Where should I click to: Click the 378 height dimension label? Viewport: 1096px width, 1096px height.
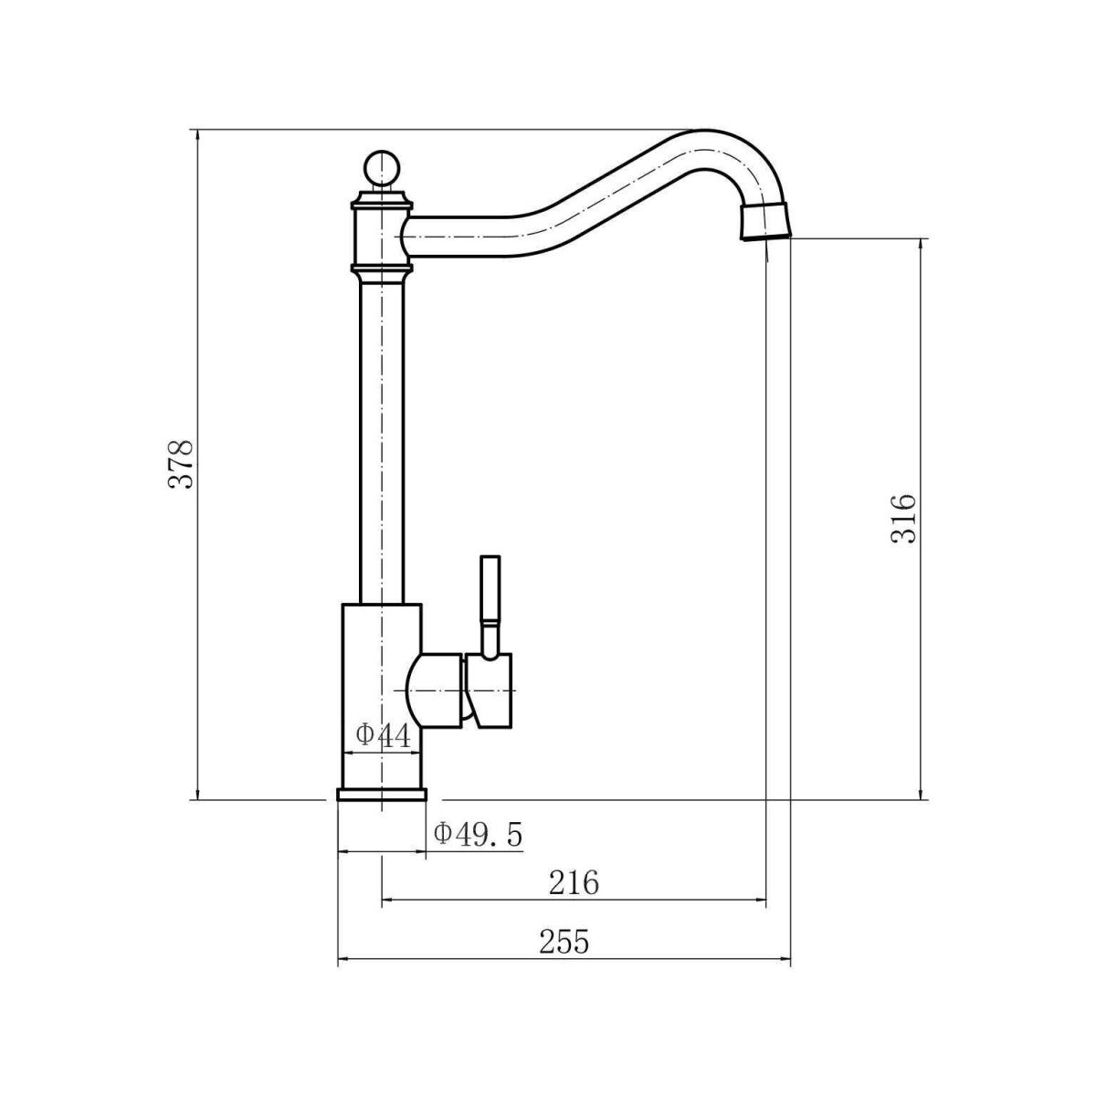click(181, 464)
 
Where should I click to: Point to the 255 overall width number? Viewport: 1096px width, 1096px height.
click(564, 942)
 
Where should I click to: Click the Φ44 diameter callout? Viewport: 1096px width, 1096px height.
click(383, 735)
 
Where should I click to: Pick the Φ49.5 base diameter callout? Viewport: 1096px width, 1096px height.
click(478, 835)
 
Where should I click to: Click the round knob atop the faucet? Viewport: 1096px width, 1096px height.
click(382, 167)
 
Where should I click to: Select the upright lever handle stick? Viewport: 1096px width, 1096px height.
click(490, 606)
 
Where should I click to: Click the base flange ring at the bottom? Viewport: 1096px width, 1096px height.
click(381, 795)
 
